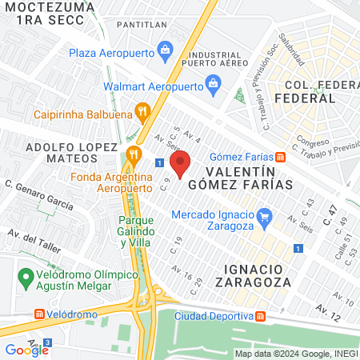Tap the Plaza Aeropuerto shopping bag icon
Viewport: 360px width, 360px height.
pos(166,50)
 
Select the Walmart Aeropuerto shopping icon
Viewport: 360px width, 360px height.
pos(213,82)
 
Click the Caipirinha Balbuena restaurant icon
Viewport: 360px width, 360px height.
pos(143,111)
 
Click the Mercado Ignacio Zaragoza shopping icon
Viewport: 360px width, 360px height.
pos(266,214)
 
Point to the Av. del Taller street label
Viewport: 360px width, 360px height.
pos(33,240)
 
